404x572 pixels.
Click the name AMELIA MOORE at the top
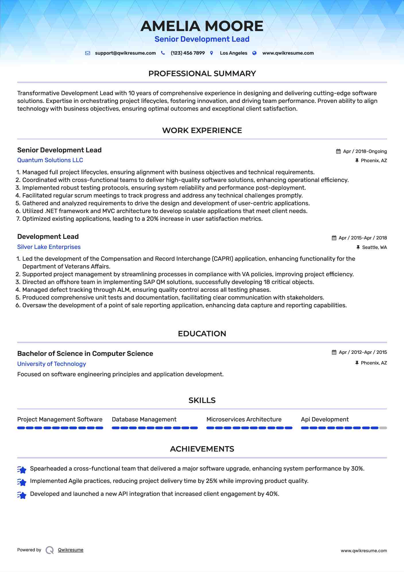click(202, 26)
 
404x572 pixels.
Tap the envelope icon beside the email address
click(88, 53)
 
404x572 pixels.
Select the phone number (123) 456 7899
click(187, 53)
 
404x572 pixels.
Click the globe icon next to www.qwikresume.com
click(254, 53)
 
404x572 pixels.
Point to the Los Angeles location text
click(233, 53)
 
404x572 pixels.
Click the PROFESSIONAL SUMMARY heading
click(202, 74)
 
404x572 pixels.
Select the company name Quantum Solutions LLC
click(50, 160)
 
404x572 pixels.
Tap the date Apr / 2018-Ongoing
click(365, 151)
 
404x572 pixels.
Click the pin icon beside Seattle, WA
click(358, 247)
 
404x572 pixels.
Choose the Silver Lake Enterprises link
click(49, 247)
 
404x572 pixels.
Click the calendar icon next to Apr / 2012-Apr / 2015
click(334, 352)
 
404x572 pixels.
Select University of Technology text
click(51, 364)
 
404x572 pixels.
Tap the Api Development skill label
click(325, 419)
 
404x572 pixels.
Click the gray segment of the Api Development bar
click(383, 428)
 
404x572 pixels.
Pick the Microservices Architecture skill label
click(244, 419)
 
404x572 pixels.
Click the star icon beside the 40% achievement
click(22, 495)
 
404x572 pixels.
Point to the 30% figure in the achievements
click(357, 469)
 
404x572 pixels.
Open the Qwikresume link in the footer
click(71, 550)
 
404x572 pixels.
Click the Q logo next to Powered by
click(50, 550)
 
